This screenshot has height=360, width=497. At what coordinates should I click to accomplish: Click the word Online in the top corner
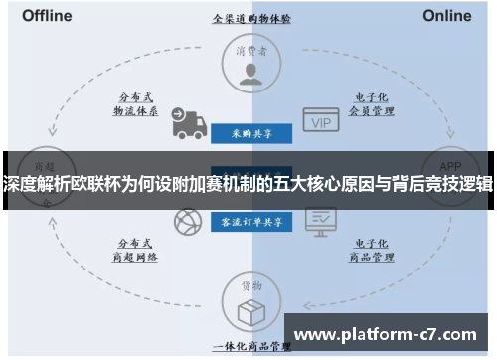point(447,16)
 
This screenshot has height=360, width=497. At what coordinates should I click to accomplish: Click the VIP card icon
point(320,121)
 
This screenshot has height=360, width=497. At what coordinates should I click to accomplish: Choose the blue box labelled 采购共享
point(249,132)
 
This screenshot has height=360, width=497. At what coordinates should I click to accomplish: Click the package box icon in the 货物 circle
point(249,310)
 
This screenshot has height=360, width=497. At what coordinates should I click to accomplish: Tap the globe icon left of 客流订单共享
point(186,222)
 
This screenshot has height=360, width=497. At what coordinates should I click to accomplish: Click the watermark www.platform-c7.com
point(388,334)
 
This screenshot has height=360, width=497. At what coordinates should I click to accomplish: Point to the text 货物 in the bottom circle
point(249,286)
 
